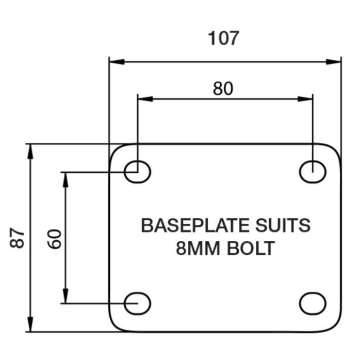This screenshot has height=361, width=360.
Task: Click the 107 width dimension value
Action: click(x=223, y=38)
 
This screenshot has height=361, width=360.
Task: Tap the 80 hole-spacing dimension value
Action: click(x=223, y=89)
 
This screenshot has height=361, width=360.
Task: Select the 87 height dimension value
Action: click(x=18, y=238)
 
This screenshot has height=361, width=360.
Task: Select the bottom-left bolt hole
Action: click(x=137, y=303)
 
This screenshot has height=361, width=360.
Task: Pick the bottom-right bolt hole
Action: click(x=313, y=303)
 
